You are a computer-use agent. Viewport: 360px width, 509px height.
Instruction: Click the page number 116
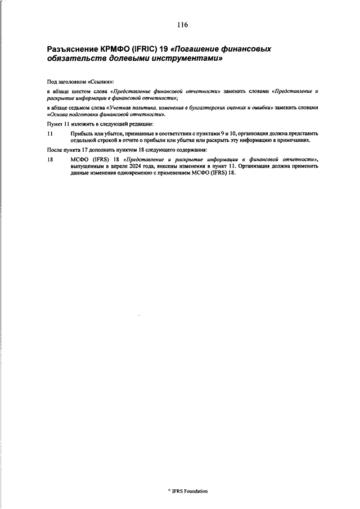182,25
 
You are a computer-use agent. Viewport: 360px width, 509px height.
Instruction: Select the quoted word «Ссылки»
101,82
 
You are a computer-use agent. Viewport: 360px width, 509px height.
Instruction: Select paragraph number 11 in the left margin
50,133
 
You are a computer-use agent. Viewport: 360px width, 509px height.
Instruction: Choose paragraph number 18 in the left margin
50,160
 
